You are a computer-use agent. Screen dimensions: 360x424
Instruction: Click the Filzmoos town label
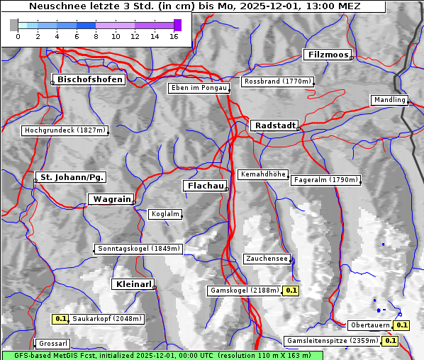point(327,55)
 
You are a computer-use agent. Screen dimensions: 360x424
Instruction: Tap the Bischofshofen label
point(90,79)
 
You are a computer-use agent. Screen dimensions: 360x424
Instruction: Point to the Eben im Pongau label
point(199,88)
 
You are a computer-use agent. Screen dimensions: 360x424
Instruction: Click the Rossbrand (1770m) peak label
point(277,81)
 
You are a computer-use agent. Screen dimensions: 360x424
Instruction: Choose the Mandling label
point(389,100)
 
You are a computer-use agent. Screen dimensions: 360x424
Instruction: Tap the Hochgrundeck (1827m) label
point(65,130)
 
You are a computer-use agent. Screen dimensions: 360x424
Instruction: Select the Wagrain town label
point(111,199)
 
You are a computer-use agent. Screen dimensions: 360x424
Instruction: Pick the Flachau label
point(205,186)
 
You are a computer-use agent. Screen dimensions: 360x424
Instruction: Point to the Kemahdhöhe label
point(262,174)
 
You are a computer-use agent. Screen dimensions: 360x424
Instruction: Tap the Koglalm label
point(165,214)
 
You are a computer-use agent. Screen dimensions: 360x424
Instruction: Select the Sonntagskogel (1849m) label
point(139,249)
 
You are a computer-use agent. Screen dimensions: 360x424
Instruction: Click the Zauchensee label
point(267,259)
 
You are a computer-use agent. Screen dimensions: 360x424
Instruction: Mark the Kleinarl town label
point(133,284)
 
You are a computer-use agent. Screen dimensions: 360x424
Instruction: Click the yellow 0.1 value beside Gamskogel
point(291,291)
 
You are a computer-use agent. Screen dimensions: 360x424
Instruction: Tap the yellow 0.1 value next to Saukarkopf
point(61,319)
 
